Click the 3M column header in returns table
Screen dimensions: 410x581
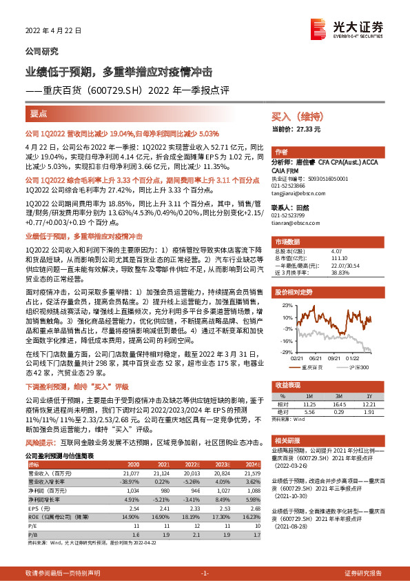[338, 395]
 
